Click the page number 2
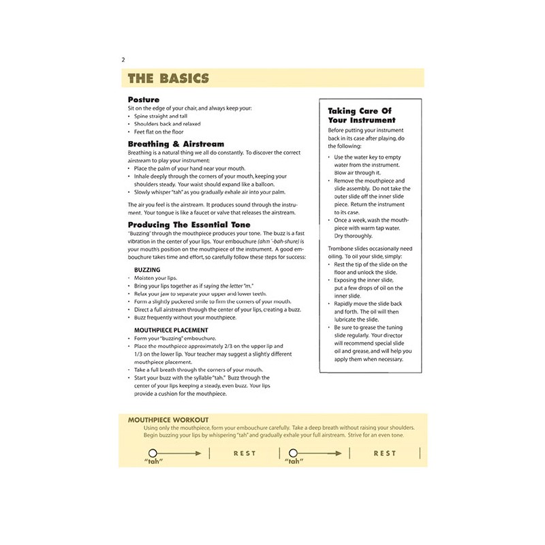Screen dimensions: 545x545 [122, 60]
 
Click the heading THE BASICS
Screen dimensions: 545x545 [168, 78]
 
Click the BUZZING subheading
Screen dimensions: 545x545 [148, 270]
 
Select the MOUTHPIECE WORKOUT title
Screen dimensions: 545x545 [168, 420]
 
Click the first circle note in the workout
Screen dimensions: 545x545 [153, 453]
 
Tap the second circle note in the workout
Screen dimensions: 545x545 [294, 453]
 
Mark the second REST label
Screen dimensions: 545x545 [385, 453]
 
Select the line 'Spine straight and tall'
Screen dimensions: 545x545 [162, 116]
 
